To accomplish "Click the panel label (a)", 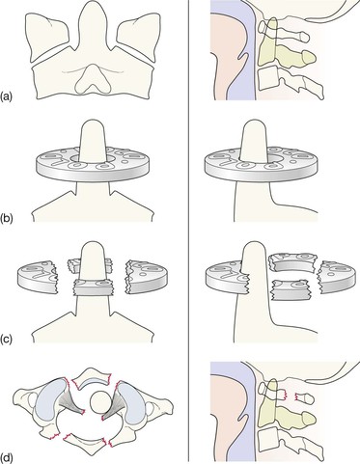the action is point(7,96).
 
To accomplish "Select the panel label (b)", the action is point(7,219).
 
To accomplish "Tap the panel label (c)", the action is point(7,339).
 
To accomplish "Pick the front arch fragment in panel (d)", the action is point(92,380).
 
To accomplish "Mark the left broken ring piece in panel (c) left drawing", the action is point(38,274).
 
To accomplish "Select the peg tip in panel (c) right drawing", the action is point(254,244).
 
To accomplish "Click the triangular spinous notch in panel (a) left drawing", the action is point(92,78).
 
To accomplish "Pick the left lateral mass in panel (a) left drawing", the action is point(47,36).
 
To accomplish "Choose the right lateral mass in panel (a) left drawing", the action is point(135,36).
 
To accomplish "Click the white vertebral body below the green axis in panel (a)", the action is point(267,78).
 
